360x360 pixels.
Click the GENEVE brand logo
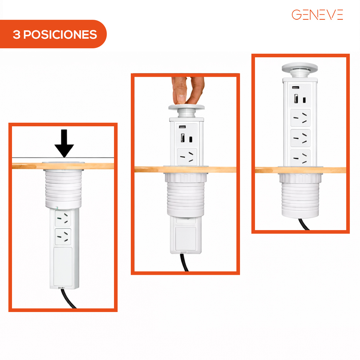(x=317, y=15)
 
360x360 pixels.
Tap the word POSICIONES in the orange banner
(x=60, y=34)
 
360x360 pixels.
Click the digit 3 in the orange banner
(x=16, y=34)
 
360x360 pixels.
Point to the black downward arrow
(x=64, y=143)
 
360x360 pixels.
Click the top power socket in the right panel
(x=300, y=118)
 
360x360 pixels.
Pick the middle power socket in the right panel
(x=300, y=138)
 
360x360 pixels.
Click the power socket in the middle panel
(x=187, y=157)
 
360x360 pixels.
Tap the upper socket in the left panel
(x=63, y=218)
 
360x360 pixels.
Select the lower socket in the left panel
(x=63, y=236)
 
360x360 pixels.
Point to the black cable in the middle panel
(x=184, y=262)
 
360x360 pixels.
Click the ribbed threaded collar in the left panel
(x=64, y=189)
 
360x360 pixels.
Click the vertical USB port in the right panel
(x=296, y=98)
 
